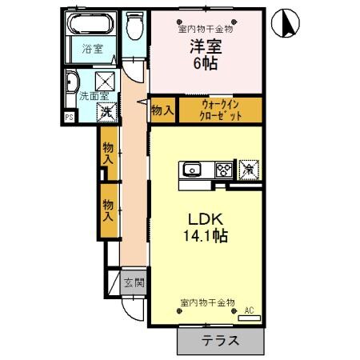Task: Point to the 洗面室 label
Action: [78, 95]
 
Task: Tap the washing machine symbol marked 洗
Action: [106, 112]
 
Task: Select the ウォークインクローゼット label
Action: [220, 108]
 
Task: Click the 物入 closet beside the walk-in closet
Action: [162, 109]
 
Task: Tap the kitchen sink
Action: [194, 169]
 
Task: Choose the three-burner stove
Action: [223, 169]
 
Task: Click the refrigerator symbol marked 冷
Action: [249, 169]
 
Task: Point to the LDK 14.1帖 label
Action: [205, 228]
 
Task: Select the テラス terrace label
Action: [219, 340]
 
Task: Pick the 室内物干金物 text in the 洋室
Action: [205, 29]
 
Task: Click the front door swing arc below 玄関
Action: [134, 306]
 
